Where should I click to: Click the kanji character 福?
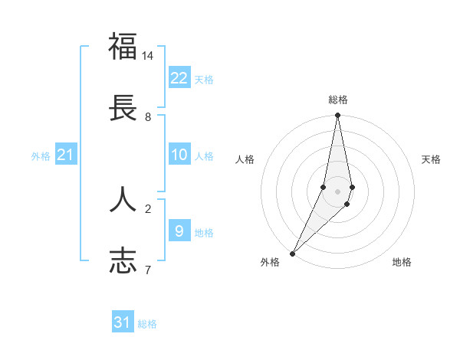point(123,47)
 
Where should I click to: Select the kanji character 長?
point(123,108)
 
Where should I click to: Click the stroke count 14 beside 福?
point(148,56)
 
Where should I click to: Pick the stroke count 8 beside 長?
point(148,117)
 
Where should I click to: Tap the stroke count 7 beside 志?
point(148,270)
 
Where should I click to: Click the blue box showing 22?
point(179,78)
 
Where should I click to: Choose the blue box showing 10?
point(179,155)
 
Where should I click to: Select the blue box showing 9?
point(179,231)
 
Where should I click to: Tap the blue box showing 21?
point(66,155)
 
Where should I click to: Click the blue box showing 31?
point(123,322)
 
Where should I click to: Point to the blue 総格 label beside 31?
point(147,324)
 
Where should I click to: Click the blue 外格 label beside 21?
point(41,156)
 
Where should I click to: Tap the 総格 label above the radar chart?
point(338,100)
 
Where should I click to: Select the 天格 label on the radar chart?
point(431,159)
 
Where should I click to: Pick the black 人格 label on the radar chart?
point(245,159)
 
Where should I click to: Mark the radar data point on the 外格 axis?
point(292,253)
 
